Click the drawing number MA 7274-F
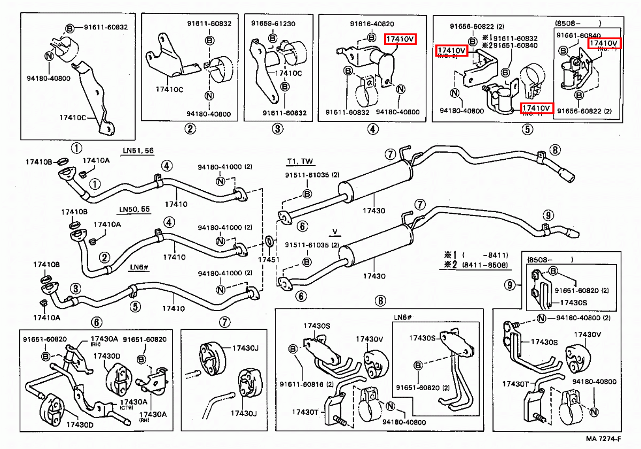click(x=602, y=440)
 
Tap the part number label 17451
click(x=269, y=259)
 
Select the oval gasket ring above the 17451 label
click(x=269, y=242)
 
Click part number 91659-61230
click(x=273, y=24)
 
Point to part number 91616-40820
click(x=372, y=24)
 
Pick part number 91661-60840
click(x=578, y=35)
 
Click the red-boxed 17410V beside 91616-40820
click(x=400, y=38)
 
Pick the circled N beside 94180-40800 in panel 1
click(x=49, y=56)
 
